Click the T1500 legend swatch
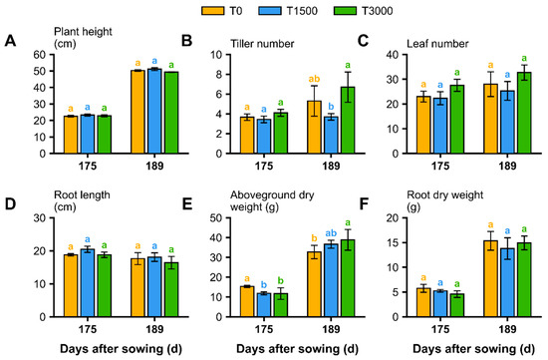pos(269,11)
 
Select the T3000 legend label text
pos(377,11)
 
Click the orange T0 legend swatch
pos(213,11)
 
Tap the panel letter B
pos(186,41)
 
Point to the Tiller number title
pos(262,44)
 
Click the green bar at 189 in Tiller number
pos(348,120)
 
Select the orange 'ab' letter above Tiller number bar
pos(314,79)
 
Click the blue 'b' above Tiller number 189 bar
pos(331,107)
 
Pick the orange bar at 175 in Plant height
pos(71,135)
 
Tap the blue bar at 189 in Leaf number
pos(507,122)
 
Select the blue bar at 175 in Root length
pos(88,283)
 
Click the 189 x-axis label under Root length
pos(154,329)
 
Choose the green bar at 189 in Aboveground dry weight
pos(348,278)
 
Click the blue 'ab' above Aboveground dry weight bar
pos(331,233)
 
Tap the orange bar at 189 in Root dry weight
pos(490,279)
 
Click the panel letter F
pos(364,204)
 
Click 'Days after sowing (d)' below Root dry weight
pos(474,349)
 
